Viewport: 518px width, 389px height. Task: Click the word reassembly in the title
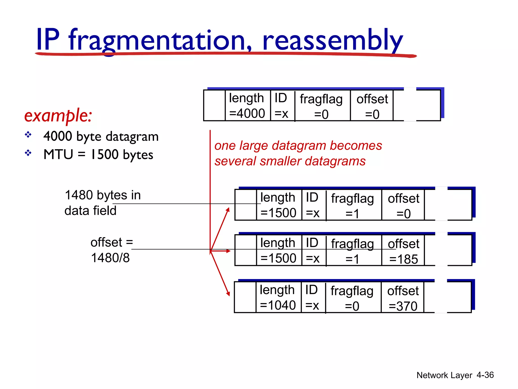(x=332, y=41)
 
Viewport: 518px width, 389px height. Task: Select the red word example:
(x=58, y=116)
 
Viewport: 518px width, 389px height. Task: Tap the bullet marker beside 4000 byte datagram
(x=28, y=134)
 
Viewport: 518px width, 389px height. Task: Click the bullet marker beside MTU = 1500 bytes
(x=28, y=153)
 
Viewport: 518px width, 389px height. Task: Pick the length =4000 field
(x=247, y=106)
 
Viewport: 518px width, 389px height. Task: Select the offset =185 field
(x=403, y=251)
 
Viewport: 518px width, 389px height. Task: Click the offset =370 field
(x=403, y=298)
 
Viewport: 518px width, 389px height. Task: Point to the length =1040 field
(x=277, y=298)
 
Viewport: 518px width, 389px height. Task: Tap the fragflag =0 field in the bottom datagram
(x=352, y=298)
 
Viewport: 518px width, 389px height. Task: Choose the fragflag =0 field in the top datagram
(x=321, y=106)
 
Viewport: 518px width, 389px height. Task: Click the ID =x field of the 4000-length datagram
(x=282, y=106)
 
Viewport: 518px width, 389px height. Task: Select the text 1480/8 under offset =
(x=110, y=258)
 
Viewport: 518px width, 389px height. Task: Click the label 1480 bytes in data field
(x=102, y=203)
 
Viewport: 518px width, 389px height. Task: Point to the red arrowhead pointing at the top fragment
(x=228, y=210)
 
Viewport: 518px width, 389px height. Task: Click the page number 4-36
(x=485, y=375)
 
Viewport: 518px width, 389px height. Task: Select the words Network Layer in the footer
(x=444, y=375)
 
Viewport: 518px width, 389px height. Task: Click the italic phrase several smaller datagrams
(x=290, y=161)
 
